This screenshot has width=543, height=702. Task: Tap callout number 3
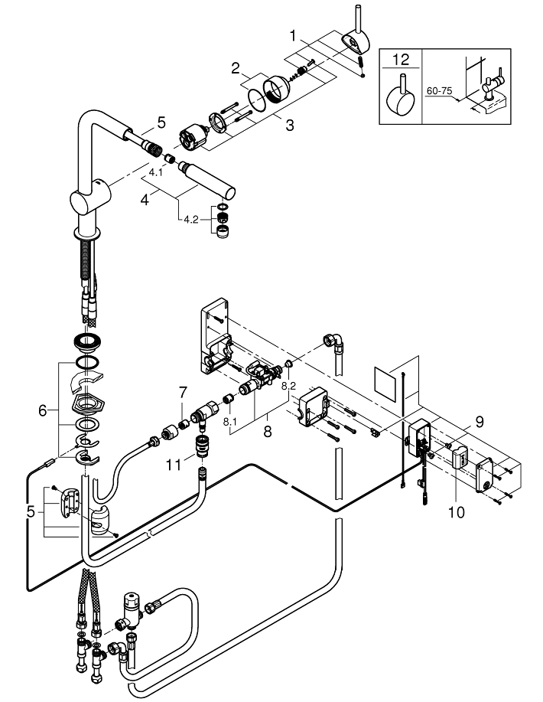pos(290,125)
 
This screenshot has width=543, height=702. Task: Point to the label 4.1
pos(155,173)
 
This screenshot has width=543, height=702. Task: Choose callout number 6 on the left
pos(43,410)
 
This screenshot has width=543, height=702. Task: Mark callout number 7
pos(182,393)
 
